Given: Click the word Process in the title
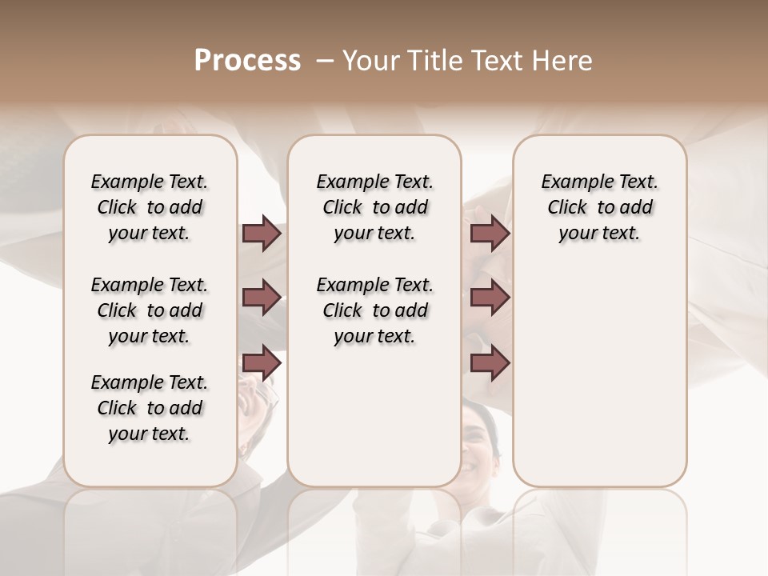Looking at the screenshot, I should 247,61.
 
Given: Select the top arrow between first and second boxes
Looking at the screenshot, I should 262,234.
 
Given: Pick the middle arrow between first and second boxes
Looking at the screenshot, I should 262,298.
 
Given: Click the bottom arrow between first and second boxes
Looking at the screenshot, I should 262,362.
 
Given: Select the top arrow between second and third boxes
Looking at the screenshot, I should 490,234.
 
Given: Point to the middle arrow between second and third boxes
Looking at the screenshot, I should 490,298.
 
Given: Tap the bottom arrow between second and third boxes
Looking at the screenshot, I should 490,362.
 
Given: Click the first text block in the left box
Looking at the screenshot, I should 150,207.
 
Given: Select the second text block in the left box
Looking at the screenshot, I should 150,310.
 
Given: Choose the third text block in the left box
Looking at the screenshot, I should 150,408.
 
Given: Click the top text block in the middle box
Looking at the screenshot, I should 374,207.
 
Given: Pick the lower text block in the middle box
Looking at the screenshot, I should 374,310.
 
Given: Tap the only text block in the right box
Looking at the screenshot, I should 599,207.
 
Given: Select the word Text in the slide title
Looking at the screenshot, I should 498,61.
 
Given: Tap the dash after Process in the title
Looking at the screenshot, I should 325,61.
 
